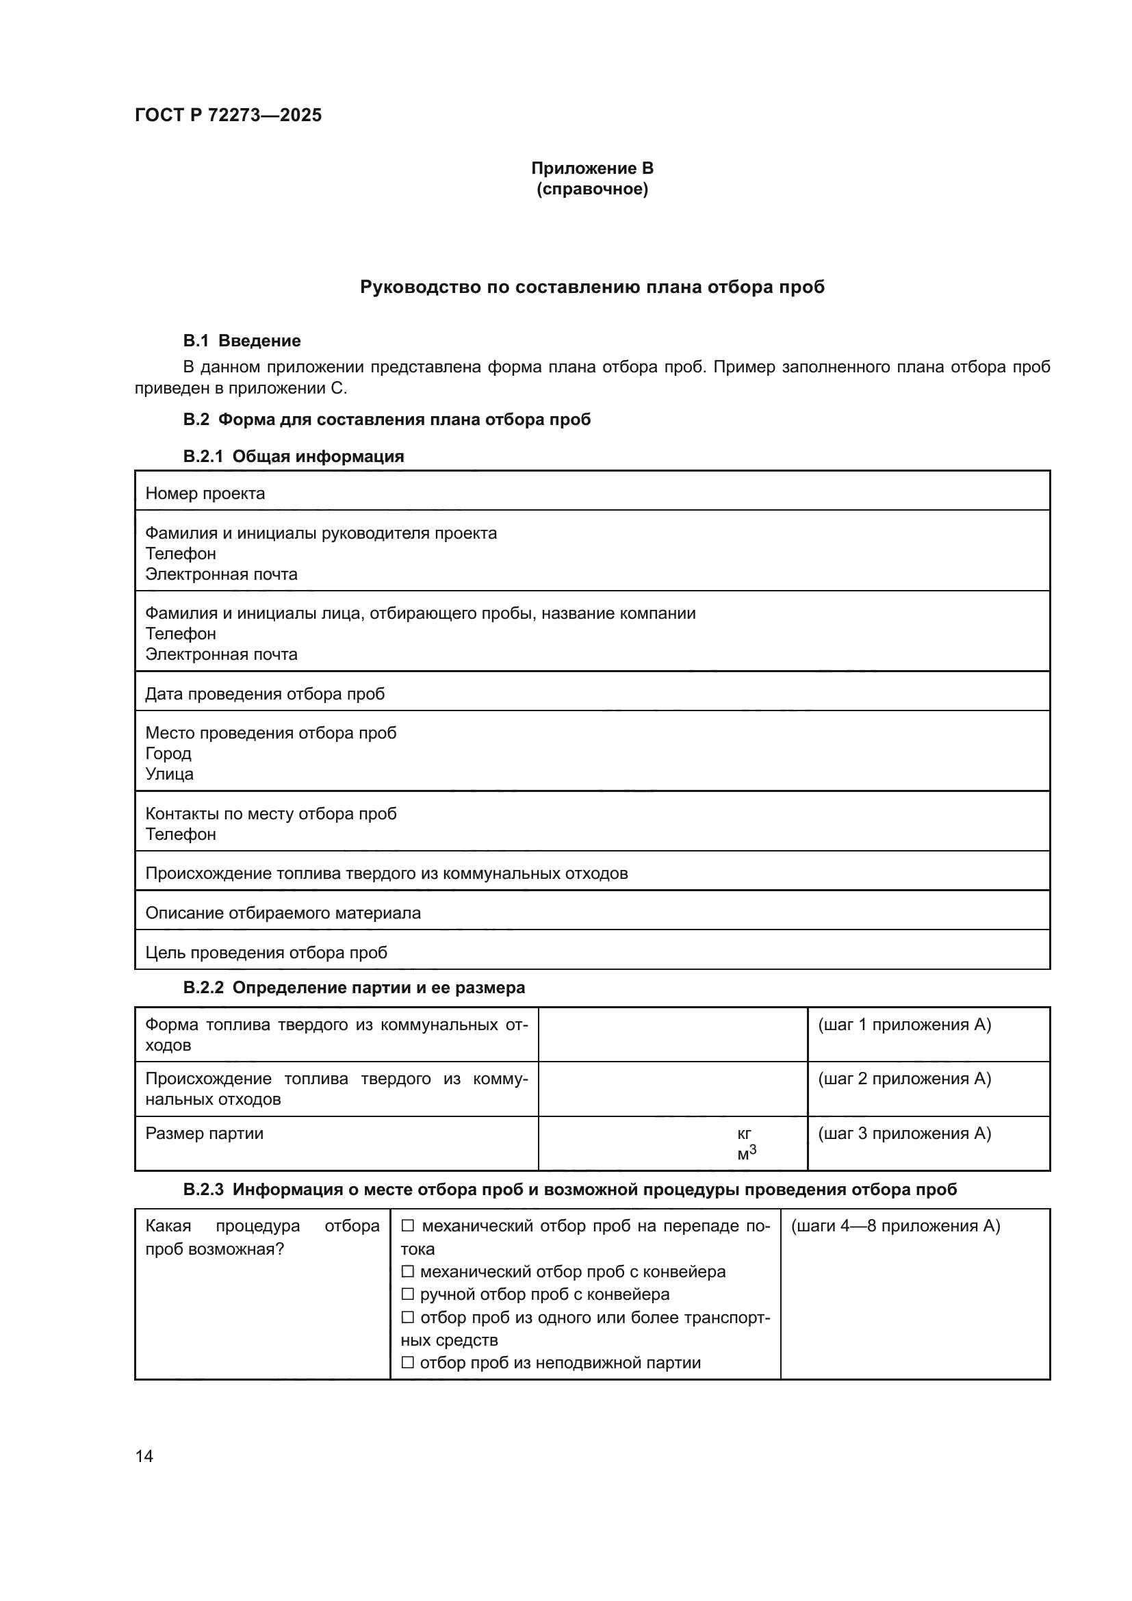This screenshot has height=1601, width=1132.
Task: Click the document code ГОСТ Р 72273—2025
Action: tap(228, 115)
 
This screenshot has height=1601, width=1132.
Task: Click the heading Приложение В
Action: tap(592, 168)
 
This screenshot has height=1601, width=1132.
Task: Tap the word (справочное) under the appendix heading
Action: tap(592, 189)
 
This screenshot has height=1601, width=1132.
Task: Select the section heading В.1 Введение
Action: tap(242, 340)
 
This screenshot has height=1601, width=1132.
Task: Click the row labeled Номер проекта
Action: tap(205, 494)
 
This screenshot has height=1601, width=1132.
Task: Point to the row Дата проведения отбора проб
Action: tap(265, 694)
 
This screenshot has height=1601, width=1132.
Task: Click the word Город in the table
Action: tap(168, 753)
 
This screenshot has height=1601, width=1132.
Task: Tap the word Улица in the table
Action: tap(169, 774)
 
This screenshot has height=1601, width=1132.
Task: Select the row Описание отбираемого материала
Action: tap(283, 913)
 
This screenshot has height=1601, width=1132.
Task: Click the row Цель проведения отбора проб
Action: tap(266, 953)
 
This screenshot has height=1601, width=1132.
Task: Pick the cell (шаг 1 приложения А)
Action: tap(904, 1025)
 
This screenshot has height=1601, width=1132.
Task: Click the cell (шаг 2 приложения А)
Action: tap(904, 1079)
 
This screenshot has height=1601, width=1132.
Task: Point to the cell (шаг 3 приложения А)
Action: tap(904, 1133)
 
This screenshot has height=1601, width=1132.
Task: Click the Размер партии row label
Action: tap(204, 1133)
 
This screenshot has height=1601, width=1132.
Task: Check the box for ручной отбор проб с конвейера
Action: tap(409, 1294)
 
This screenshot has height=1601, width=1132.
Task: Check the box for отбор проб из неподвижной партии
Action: tap(409, 1363)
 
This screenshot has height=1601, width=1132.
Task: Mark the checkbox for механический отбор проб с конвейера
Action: tap(409, 1272)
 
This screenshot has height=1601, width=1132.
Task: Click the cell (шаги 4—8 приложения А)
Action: tap(895, 1226)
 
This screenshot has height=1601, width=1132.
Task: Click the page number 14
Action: tap(144, 1455)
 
